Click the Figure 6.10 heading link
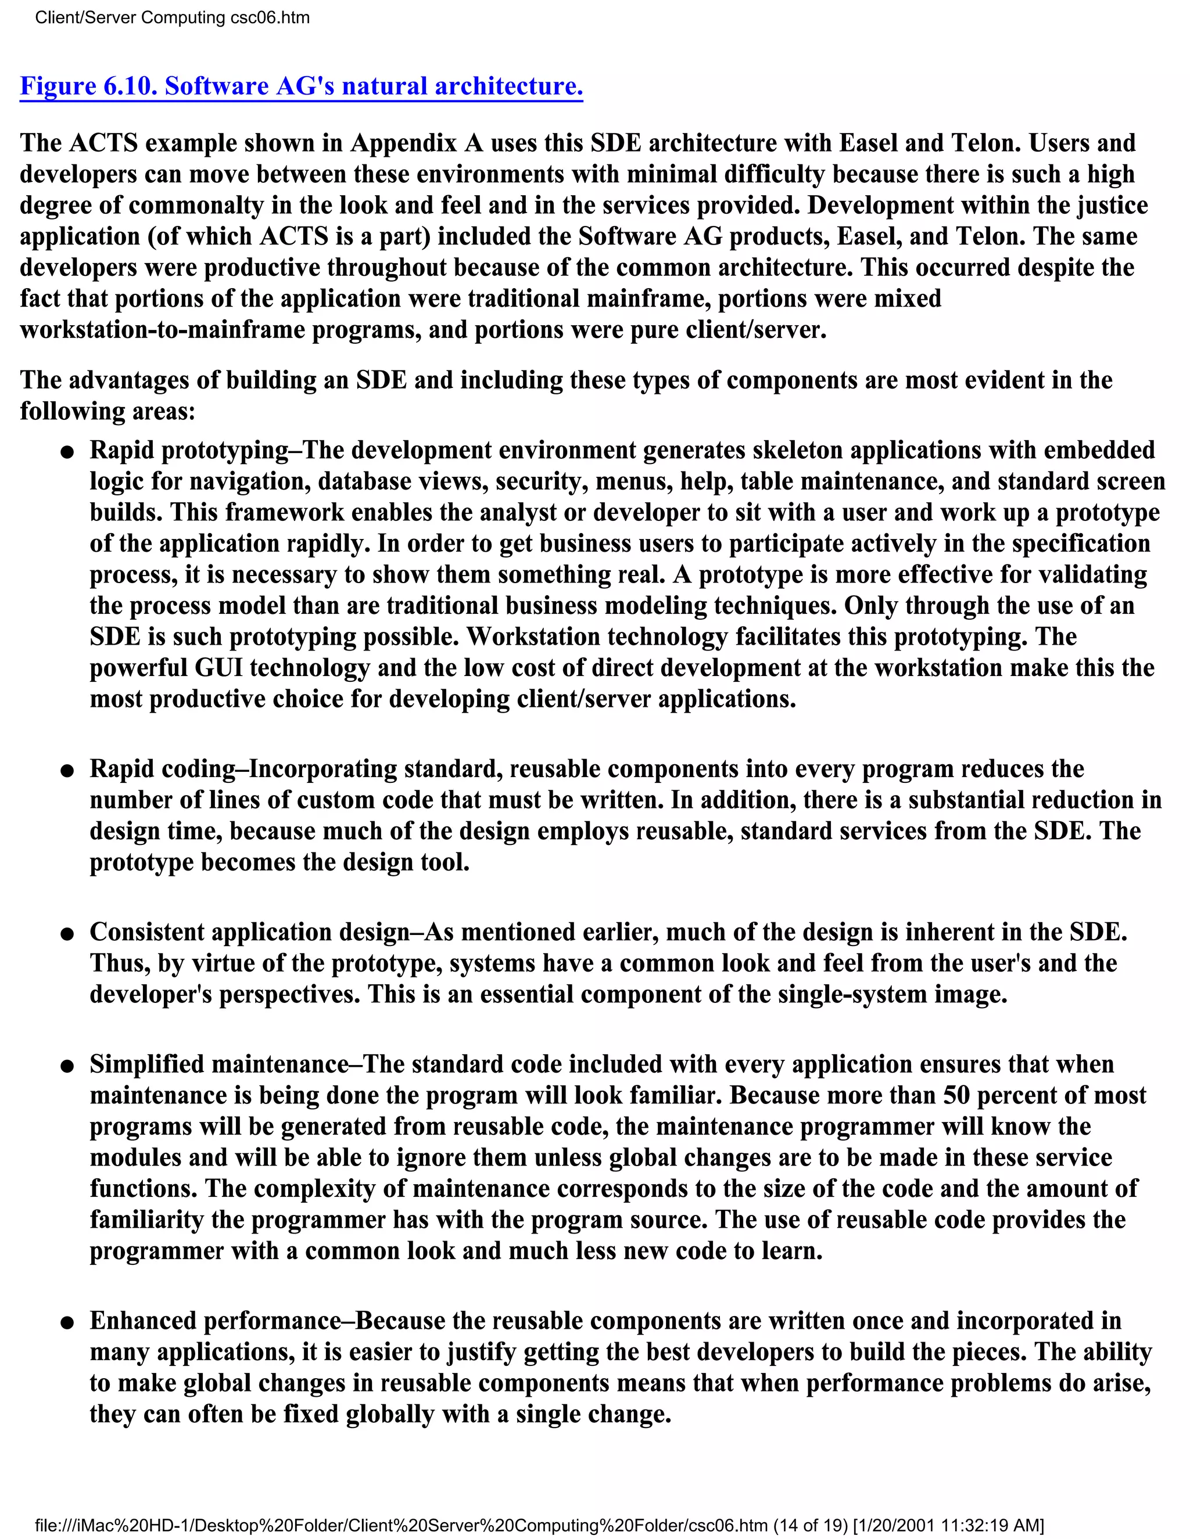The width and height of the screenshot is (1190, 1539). click(301, 86)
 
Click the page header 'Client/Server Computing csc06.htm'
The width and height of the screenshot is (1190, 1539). click(172, 17)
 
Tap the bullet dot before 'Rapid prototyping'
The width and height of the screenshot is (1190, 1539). click(67, 452)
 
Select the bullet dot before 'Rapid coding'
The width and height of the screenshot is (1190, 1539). click(67, 771)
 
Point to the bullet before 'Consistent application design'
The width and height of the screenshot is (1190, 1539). click(67, 934)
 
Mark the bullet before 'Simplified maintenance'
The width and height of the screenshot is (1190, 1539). click(67, 1067)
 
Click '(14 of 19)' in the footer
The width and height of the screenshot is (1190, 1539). click(810, 1525)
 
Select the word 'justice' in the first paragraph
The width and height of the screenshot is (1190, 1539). click(1112, 205)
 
